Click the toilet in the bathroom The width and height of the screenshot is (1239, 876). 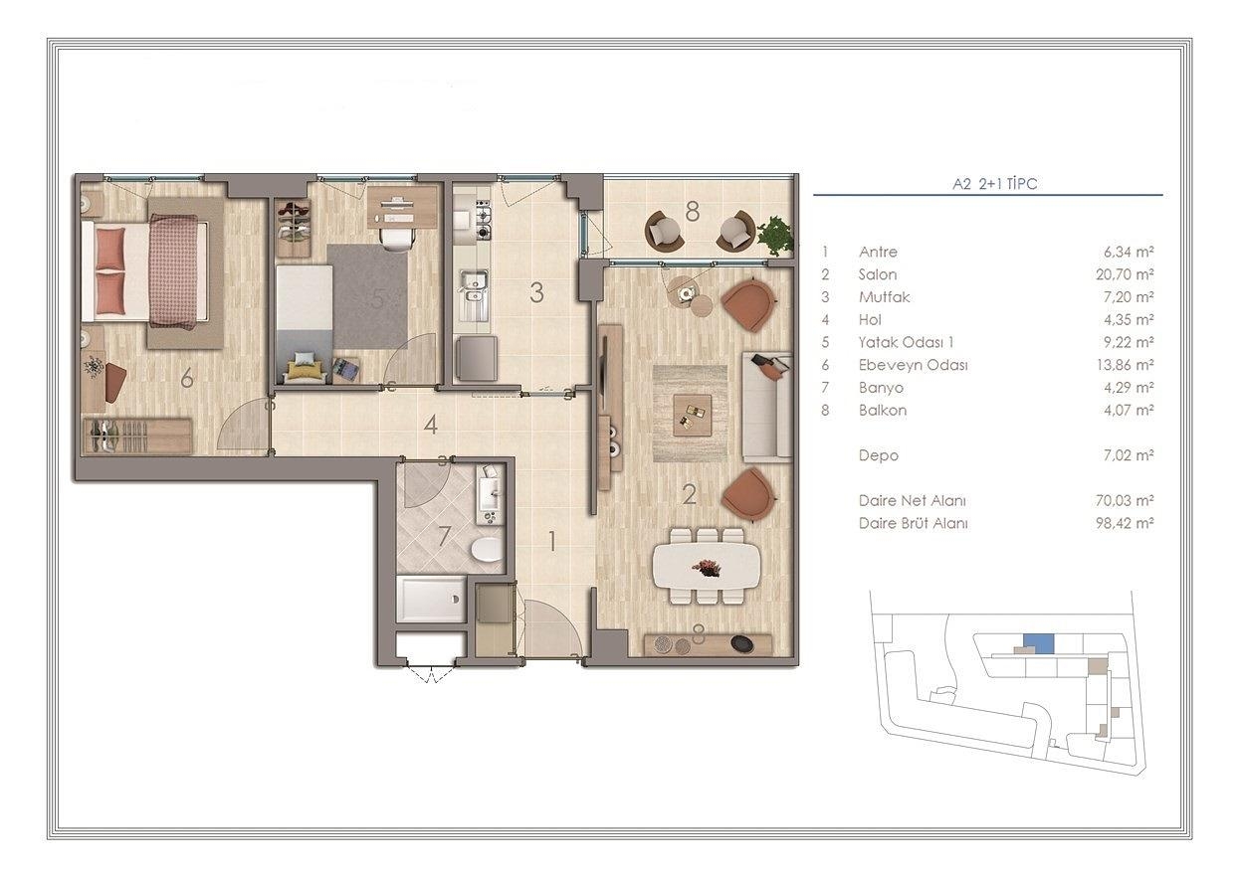click(x=487, y=550)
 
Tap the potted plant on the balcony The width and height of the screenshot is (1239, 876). click(x=775, y=236)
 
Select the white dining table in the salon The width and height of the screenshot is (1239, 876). click(x=707, y=567)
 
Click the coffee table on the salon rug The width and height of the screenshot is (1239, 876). click(x=692, y=415)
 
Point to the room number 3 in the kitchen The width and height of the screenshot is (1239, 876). click(x=536, y=293)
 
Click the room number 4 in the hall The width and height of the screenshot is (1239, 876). click(x=430, y=425)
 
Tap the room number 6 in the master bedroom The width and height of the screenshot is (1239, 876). click(x=187, y=378)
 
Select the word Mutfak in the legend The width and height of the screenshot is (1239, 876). click(x=884, y=297)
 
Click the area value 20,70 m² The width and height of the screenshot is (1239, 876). click(x=1125, y=274)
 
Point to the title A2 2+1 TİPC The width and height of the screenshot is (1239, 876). click(x=994, y=184)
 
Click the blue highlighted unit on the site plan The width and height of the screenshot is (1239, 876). click(x=1038, y=644)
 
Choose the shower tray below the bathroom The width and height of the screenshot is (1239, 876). click(x=432, y=600)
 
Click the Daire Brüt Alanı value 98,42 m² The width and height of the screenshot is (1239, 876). click(x=1125, y=523)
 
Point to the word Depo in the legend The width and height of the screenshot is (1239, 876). click(x=879, y=456)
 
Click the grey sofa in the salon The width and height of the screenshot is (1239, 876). click(x=766, y=407)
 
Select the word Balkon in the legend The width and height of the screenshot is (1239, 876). click(x=883, y=410)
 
